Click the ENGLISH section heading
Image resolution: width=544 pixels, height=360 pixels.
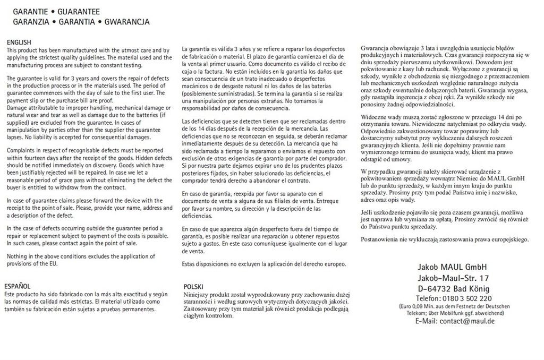pyautogui.click(x=19, y=42)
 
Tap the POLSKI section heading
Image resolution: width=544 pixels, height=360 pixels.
pyautogui.click(x=193, y=286)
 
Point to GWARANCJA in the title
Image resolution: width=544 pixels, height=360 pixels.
pyautogui.click(x=127, y=22)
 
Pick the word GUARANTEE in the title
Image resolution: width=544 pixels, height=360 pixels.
pyautogui.click(x=78, y=12)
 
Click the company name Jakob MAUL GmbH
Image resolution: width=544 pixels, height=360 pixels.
pyautogui.click(x=453, y=267)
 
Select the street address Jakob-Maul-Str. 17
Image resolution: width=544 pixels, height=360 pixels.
pyautogui.click(x=453, y=278)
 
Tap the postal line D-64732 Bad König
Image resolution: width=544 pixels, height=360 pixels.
pyautogui.click(x=453, y=289)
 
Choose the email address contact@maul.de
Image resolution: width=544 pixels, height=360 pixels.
pyautogui.click(x=467, y=321)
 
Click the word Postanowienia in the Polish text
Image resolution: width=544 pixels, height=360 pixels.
pyautogui.click(x=381, y=239)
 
